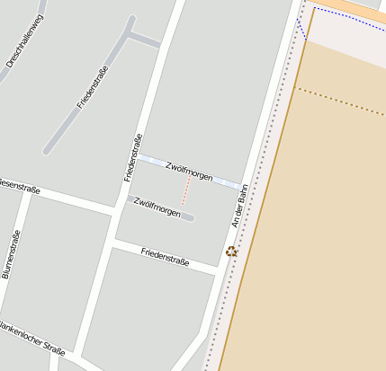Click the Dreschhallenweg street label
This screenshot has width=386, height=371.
(x=24, y=41)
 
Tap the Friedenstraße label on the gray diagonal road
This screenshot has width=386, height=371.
(x=93, y=87)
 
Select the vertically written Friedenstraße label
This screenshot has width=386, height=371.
(x=133, y=157)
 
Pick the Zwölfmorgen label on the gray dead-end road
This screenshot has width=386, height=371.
(x=157, y=207)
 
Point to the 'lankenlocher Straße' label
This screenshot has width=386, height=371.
(x=32, y=337)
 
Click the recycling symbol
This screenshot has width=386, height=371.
(x=232, y=252)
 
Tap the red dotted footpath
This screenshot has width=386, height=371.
(x=186, y=190)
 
